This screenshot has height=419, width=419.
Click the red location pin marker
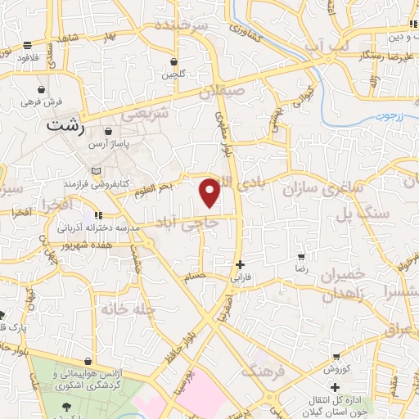pyautogui.click(x=210, y=191)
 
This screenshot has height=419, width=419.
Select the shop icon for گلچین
pyautogui.click(x=173, y=62)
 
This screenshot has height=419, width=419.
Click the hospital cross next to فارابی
pyautogui.click(x=239, y=264)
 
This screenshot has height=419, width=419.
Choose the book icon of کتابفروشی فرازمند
pyautogui.click(x=98, y=170)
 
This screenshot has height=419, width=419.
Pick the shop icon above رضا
pyautogui.click(x=301, y=256)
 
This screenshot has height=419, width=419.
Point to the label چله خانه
pyautogui.click(x=124, y=310)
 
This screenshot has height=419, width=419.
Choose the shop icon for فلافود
pyautogui.click(x=28, y=46)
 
